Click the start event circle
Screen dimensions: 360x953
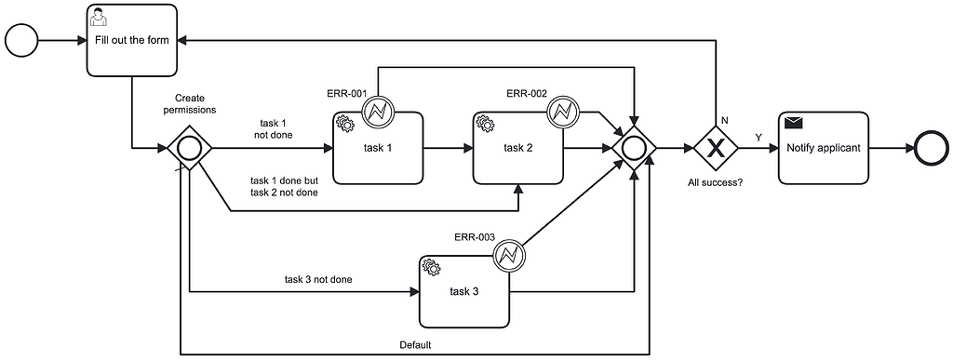coord(22,41)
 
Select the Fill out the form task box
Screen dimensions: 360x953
coord(133,41)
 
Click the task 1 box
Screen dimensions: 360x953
coord(378,148)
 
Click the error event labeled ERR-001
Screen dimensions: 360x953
coord(379,113)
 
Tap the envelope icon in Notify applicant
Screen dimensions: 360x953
coord(793,123)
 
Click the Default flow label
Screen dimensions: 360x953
coord(416,345)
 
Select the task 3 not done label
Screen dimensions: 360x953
coord(318,279)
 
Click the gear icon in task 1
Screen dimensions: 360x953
coord(344,123)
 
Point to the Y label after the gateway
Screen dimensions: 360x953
coord(758,138)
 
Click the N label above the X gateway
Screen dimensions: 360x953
coord(725,119)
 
